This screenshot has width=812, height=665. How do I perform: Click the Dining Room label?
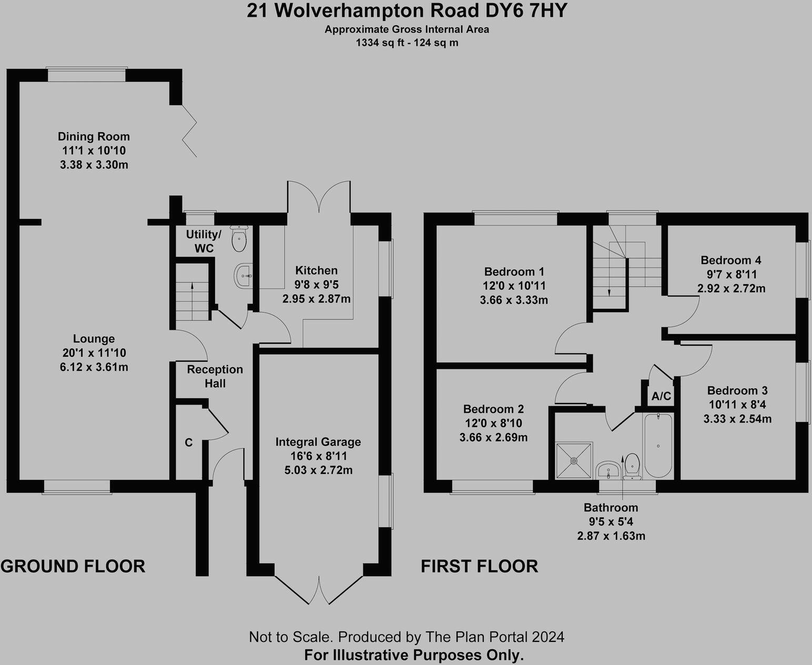[x=94, y=137]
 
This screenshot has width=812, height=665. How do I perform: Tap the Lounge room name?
[x=94, y=339]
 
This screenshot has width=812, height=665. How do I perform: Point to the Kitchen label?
[x=316, y=270]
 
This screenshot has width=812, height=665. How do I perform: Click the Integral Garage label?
[x=318, y=442]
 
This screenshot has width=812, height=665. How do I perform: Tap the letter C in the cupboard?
[x=189, y=443]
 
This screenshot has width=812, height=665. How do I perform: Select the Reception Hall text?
[x=215, y=376]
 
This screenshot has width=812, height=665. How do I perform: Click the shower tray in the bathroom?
[x=574, y=461]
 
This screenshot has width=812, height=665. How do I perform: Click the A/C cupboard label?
[x=661, y=396]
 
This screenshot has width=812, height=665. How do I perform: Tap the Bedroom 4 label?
[x=731, y=260]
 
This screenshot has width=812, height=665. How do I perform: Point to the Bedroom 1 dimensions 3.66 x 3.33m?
[x=514, y=300]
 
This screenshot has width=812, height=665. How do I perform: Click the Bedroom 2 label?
[x=493, y=409]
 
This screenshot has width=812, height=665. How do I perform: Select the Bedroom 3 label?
[x=737, y=390]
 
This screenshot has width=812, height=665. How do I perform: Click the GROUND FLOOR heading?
[x=73, y=566]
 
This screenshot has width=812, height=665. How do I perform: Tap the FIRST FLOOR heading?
[x=479, y=566]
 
